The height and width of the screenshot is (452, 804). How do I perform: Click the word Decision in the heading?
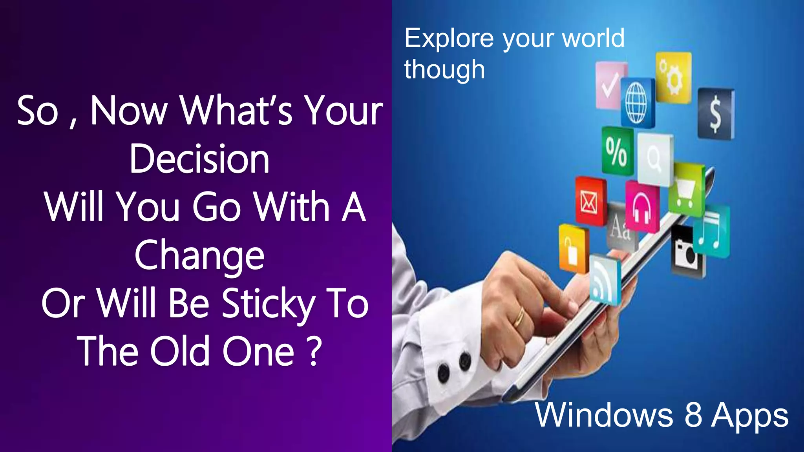point(199,159)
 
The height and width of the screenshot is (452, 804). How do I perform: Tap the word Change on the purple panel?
point(199,256)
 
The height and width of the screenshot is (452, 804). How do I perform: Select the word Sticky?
point(269,304)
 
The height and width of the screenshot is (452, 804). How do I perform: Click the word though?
point(444,70)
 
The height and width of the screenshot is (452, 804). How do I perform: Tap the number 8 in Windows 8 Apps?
point(693,415)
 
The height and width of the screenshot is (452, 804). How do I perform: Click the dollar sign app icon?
point(716,114)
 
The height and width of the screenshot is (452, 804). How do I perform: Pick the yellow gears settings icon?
point(673,77)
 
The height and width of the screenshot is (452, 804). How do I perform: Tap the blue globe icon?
point(638,103)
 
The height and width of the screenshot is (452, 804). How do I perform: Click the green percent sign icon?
point(617,151)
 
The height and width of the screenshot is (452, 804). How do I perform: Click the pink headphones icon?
point(642,207)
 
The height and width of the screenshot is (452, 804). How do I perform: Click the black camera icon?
point(687,252)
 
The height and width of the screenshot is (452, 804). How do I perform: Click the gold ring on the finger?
point(519,317)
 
